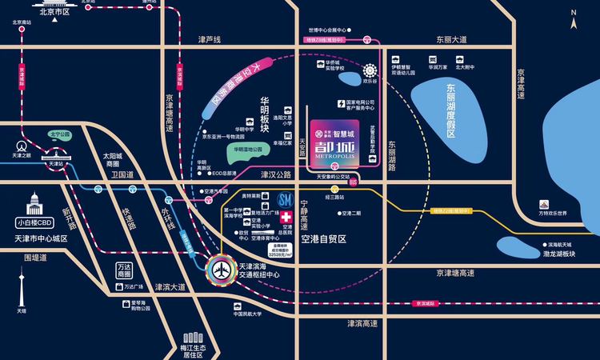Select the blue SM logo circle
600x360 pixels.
pyautogui.click(x=284, y=199)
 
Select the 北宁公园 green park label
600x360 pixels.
pyautogui.click(x=62, y=134)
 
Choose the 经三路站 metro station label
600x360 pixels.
pyautogui.click(x=334, y=197)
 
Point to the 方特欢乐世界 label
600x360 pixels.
pyautogui.click(x=551, y=214)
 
